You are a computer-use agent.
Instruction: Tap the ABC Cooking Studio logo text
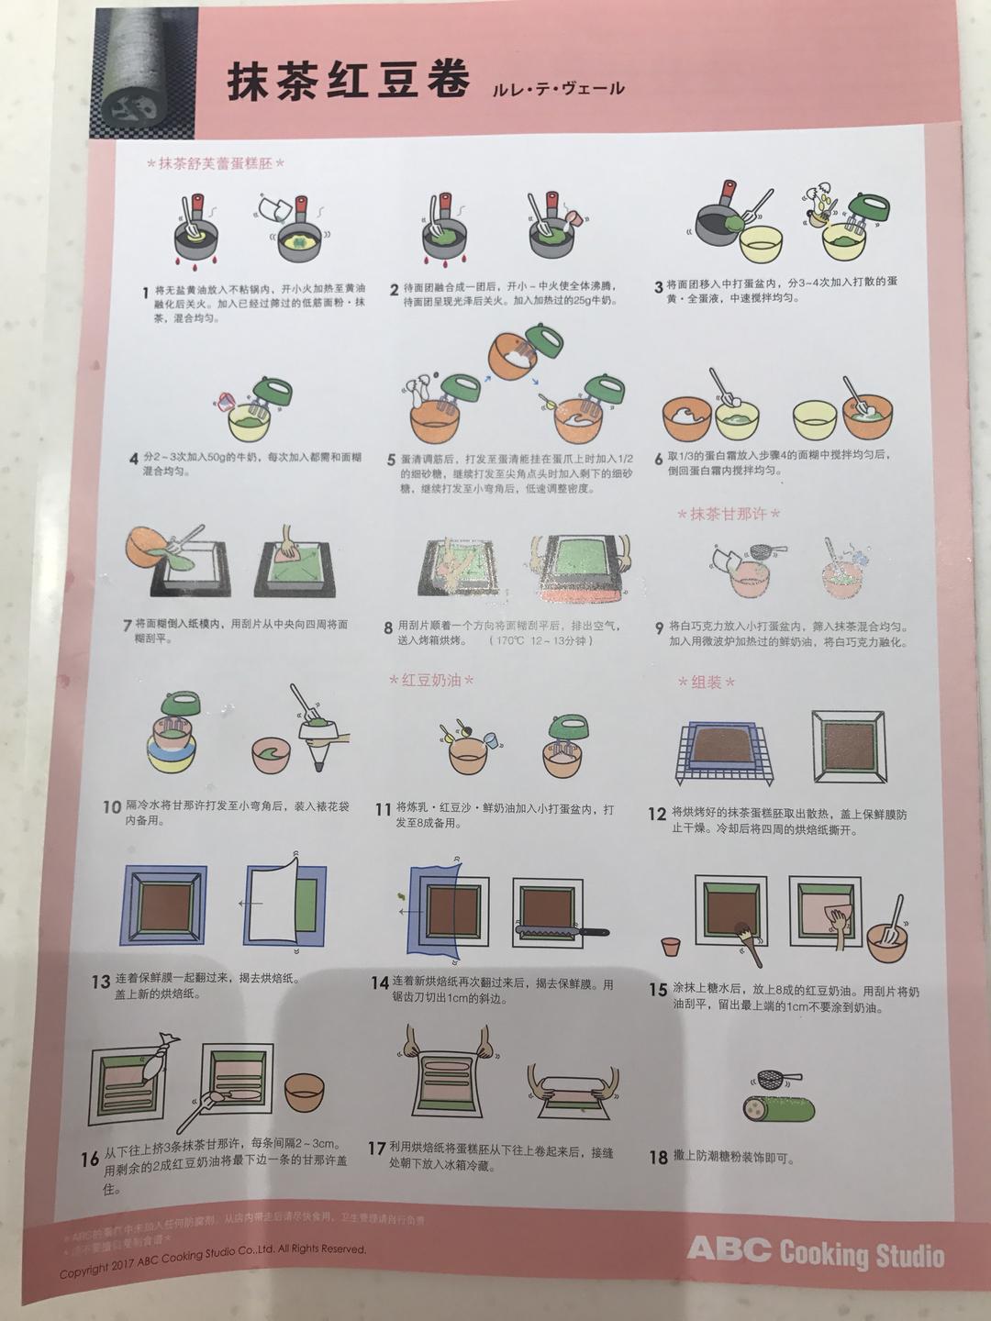[x=815, y=1252]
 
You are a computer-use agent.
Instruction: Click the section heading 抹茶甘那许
[x=729, y=514]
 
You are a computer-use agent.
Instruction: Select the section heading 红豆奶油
[x=431, y=680]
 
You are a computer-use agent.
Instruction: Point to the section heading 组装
[x=707, y=683]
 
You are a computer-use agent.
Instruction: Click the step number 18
[x=658, y=1158]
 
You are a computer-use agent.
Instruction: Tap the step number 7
[x=128, y=626]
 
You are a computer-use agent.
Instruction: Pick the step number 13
[x=101, y=982]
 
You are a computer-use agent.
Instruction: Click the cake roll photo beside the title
[x=138, y=69]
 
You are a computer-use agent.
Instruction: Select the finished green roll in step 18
[x=778, y=1108]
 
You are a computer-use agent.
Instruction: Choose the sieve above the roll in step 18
[x=776, y=1079]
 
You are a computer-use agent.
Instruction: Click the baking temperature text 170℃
[x=508, y=640]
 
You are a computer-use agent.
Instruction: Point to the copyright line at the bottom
[x=213, y=1260]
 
